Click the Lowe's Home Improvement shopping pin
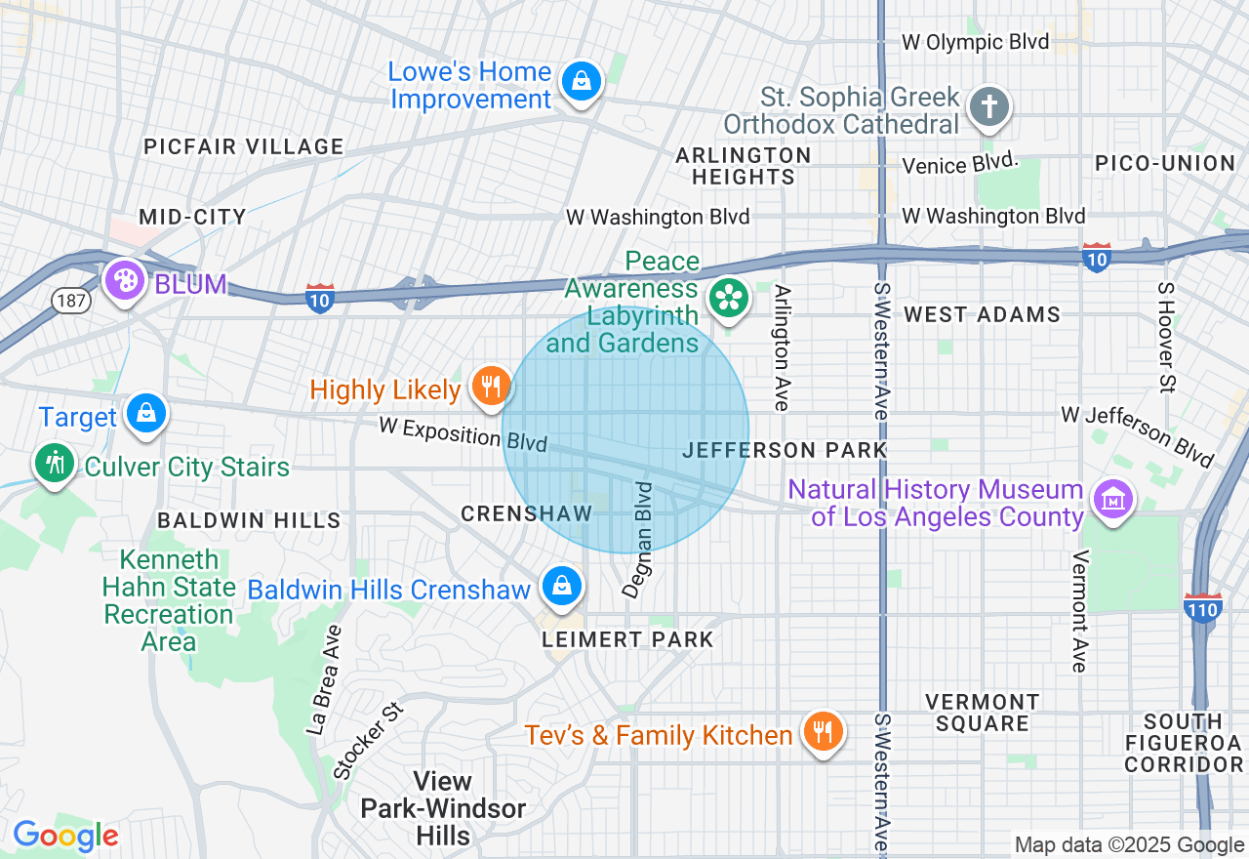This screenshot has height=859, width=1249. pos(582,82)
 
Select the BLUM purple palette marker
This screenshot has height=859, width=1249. pos(125,281)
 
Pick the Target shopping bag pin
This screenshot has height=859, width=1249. pos(145,414)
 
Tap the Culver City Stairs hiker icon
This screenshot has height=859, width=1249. pos(55,463)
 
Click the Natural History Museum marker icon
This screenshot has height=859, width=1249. pos(1111,499)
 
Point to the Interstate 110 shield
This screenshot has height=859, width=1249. pos(1203,608)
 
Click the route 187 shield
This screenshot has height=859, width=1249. pos(72,301)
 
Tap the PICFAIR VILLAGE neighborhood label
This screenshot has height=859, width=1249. pos(244,147)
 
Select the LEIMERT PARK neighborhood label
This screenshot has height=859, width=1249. pos(628,640)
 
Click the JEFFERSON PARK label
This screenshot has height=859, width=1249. pos(785,450)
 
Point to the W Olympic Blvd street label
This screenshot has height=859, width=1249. pos(975,42)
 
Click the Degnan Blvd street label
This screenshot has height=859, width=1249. pos(637,539)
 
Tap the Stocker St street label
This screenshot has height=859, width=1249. pos(369,741)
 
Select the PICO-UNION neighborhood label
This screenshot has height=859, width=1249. pos(1165,163)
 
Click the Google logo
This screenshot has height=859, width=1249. pos(65,837)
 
